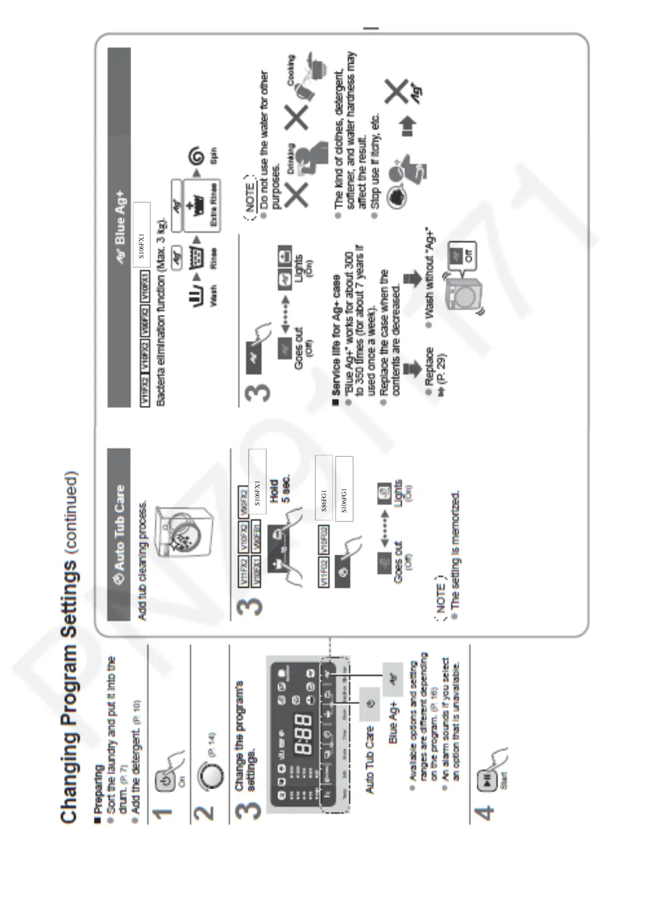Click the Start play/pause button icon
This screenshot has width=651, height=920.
coord(105,782)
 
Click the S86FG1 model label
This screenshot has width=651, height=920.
coord(324,501)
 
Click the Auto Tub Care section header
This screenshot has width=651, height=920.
coord(119,534)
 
